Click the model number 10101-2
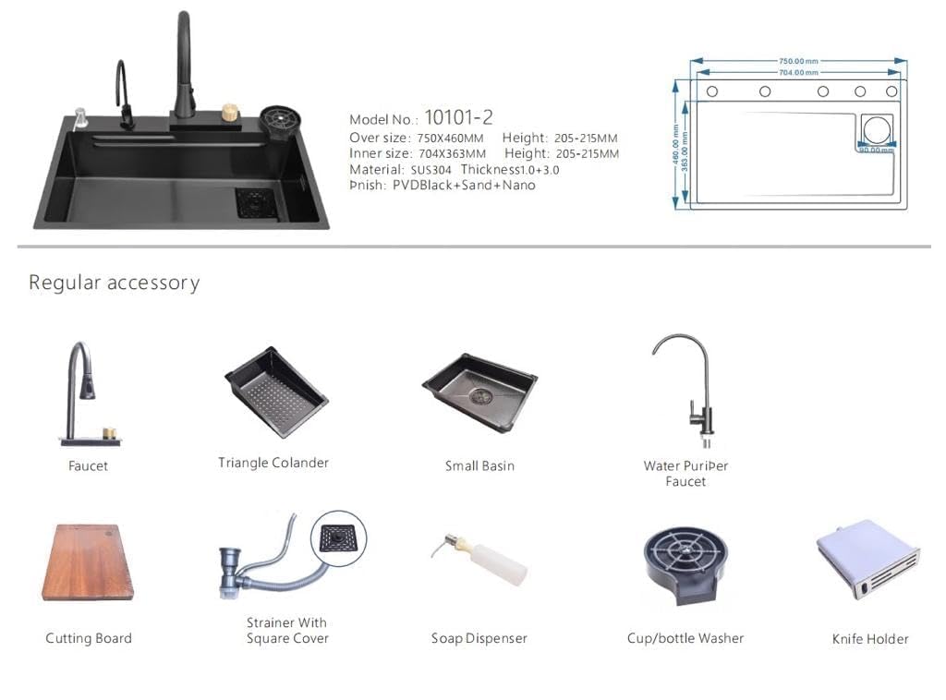458,117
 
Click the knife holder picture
867,559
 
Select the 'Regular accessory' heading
114,283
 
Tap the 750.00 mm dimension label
799,61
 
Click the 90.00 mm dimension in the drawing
874,150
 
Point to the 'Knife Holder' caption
870,638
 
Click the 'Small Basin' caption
479,465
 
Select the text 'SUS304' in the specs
431,170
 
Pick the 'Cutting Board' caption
89,638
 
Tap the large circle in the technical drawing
877,129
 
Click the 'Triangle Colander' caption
273,463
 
